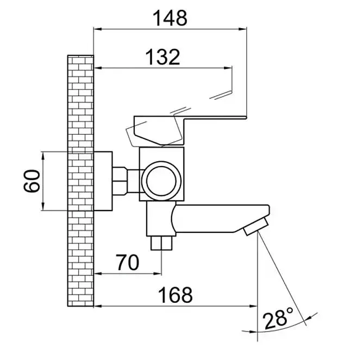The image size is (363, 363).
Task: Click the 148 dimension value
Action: pyautogui.click(x=170, y=18)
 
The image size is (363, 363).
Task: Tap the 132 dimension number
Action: pyautogui.click(x=162, y=57)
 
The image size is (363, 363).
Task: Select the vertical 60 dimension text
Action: pyautogui.click(x=32, y=181)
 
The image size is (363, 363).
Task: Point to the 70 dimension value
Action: pyautogui.click(x=128, y=262)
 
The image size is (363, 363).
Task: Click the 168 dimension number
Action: pyautogui.click(x=175, y=295)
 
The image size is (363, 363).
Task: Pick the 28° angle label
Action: pyautogui.click(x=278, y=317)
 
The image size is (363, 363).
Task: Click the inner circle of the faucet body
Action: pyautogui.click(x=161, y=181)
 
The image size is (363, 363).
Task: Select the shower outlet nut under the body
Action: pyautogui.click(x=161, y=243)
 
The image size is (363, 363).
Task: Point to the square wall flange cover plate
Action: pyautogui.click(x=103, y=181)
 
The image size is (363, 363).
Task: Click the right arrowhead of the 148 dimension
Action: pyautogui.click(x=243, y=29)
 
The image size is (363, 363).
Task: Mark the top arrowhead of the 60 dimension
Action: pyautogui.click(x=43, y=156)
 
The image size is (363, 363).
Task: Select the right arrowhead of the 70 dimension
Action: pyautogui.click(x=158, y=273)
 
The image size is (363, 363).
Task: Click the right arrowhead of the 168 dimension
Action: pyautogui.click(x=253, y=306)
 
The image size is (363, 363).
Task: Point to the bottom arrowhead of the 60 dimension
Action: pyautogui.click(x=43, y=206)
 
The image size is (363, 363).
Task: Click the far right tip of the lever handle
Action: pyautogui.click(x=246, y=118)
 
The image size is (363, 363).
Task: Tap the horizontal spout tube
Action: pyautogui.click(x=220, y=218)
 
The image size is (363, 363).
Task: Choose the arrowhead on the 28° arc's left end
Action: pyautogui.click(x=253, y=332)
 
